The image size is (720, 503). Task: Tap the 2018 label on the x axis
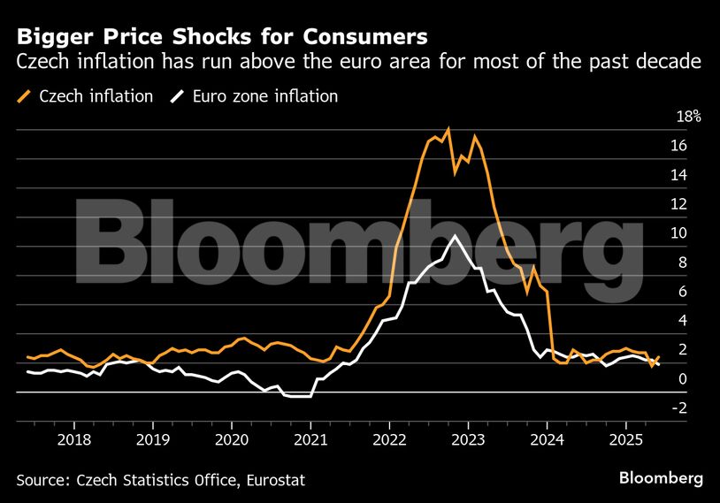tap(74, 438)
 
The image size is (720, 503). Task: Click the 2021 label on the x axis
tap(310, 438)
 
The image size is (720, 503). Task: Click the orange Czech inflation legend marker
tap(24, 96)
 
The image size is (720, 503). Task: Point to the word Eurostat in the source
tap(281, 479)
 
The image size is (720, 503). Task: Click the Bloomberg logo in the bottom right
tap(662, 478)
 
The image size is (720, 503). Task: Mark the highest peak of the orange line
tap(448, 129)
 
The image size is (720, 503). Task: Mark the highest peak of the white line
tap(454, 235)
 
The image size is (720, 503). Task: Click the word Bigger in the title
tap(51, 37)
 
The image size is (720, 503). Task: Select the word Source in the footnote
tap(42, 479)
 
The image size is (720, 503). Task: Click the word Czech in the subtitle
tap(39, 62)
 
